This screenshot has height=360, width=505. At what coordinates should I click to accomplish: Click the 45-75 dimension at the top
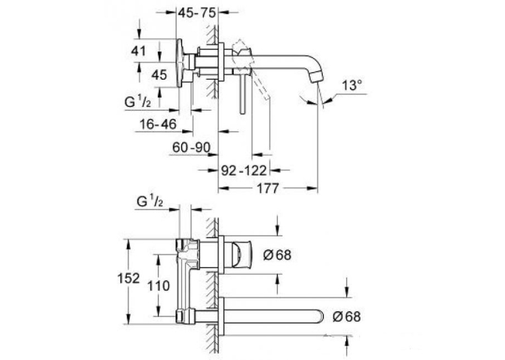coord(197,13)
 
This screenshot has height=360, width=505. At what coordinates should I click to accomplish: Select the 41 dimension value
coord(138,51)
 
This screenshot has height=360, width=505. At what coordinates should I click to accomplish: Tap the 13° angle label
coord(352,85)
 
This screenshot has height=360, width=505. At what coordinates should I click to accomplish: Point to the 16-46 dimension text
coord(158,124)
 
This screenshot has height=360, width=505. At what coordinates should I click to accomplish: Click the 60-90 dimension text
coord(191,147)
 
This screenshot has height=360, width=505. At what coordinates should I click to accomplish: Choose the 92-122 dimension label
coord(244,170)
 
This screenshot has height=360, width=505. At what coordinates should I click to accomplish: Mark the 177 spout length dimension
coord(267,188)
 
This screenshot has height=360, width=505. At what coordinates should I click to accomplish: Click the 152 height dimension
coord(129,278)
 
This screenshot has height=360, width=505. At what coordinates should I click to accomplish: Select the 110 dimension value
coord(158,286)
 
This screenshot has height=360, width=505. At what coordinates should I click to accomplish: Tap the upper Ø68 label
coord(277,255)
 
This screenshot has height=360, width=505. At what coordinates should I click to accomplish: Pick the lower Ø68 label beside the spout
coord(347,316)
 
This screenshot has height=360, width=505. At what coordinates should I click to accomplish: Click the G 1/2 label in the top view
coord(137,102)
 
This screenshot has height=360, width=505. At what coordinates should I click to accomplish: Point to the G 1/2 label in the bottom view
coord(150,201)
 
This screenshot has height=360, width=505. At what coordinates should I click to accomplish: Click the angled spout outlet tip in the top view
coord(316,77)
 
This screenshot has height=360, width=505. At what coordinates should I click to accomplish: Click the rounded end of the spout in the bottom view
coord(320,316)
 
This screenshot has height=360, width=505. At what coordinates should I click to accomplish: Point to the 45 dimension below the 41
coord(159,75)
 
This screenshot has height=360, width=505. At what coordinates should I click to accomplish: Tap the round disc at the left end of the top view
coord(180,63)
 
